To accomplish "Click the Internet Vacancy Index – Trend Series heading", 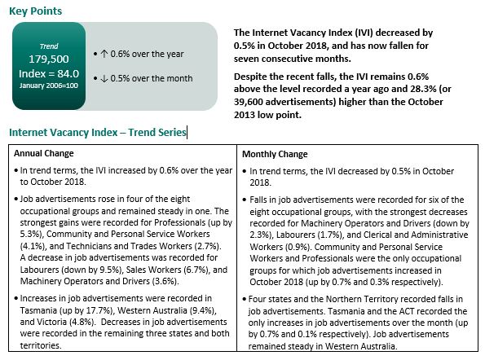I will pos(97,132).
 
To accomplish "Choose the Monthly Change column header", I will pos(276,153).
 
